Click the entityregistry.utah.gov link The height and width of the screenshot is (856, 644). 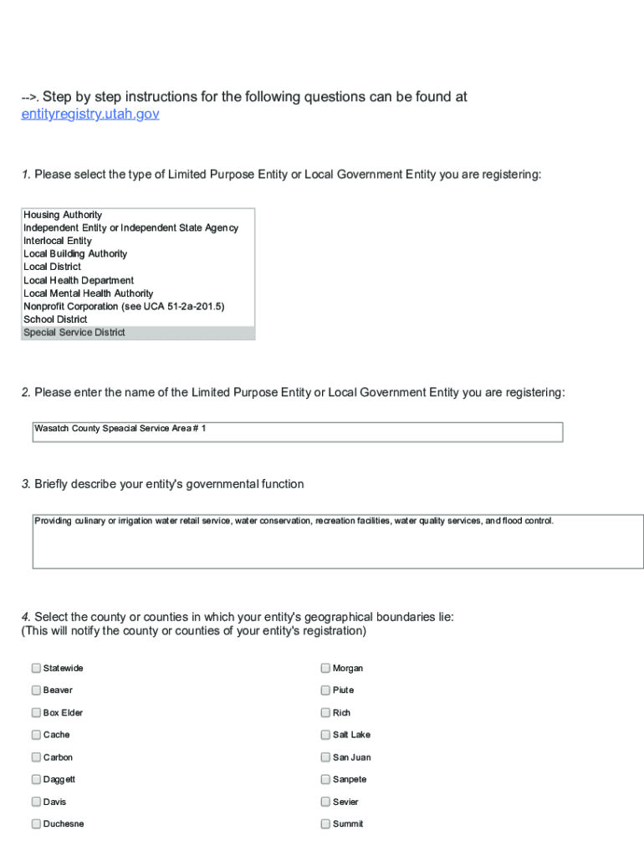point(89,114)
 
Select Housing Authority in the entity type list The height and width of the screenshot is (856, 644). point(63,215)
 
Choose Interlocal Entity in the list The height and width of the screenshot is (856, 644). point(58,241)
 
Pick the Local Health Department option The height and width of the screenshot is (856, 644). point(79,280)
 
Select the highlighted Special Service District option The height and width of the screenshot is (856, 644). point(74,333)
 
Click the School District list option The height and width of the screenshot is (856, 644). point(55,319)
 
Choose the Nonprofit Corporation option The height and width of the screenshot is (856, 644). point(124,307)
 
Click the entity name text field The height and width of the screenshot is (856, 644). point(298,431)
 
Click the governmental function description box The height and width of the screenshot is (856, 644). point(338,542)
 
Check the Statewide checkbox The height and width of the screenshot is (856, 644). point(36,668)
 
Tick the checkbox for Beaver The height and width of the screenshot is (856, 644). point(36,690)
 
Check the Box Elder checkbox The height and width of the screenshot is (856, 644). point(36,713)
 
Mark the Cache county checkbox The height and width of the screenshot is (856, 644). point(36,735)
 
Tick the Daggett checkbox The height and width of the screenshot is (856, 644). point(36,779)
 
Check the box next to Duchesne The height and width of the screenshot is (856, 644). point(36,824)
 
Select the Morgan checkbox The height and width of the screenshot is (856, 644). point(325,668)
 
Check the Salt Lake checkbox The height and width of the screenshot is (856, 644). point(325,735)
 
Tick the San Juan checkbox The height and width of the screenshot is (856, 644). point(325,757)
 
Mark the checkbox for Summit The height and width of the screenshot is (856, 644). point(325,824)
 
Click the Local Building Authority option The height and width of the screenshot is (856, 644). point(75,254)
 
